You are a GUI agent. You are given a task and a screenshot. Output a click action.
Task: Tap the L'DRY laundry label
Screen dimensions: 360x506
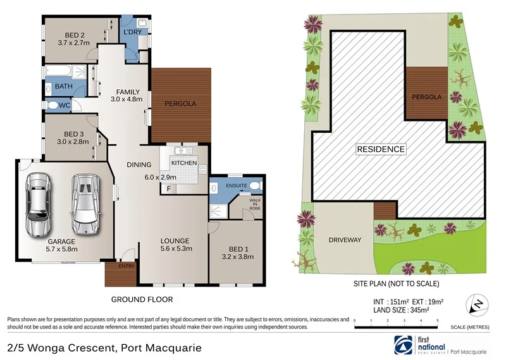tap(132, 31)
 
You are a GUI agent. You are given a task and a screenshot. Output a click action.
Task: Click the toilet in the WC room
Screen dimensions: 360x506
tap(52, 105)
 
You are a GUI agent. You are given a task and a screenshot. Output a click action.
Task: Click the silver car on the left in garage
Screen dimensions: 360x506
tap(37, 202)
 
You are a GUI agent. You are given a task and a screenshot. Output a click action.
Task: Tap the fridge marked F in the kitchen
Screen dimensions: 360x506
tap(169, 189)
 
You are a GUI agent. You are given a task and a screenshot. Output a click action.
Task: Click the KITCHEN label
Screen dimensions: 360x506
tap(184, 163)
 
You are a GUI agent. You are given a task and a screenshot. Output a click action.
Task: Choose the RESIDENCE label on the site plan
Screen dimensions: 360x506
tap(381, 149)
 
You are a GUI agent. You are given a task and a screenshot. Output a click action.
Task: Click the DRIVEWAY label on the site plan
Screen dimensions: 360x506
tap(345, 240)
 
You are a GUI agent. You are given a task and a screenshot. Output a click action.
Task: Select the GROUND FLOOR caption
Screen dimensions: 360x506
tap(142, 299)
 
